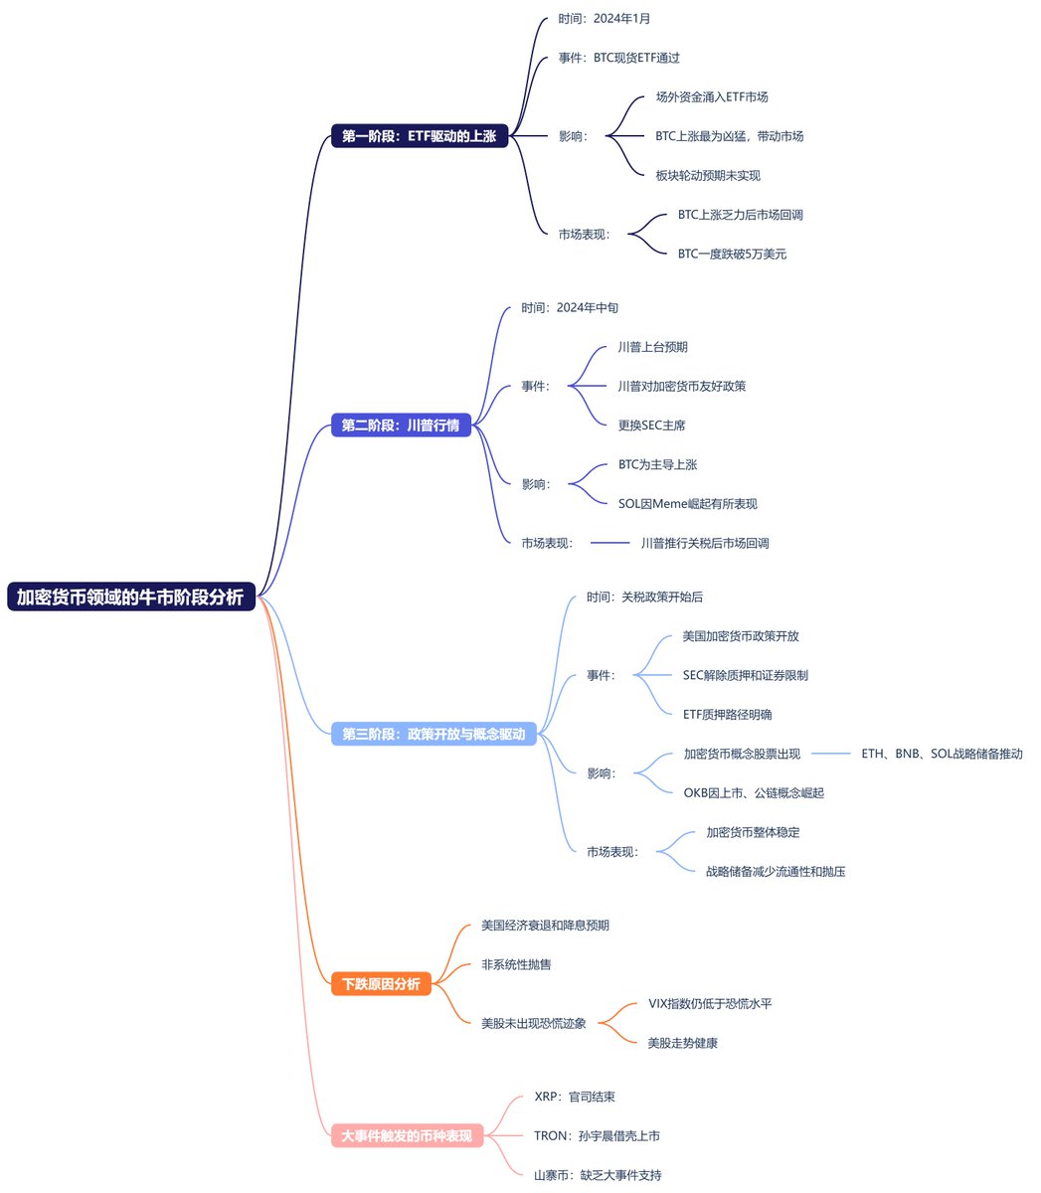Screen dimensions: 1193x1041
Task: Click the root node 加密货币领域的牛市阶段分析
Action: pos(131,596)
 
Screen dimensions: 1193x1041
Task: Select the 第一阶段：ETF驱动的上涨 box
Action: pos(419,136)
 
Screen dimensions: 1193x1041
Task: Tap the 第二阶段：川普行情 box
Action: pos(401,426)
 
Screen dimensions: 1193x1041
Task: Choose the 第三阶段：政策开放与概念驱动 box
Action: pos(434,735)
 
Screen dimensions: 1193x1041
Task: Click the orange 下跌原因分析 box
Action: pos(381,984)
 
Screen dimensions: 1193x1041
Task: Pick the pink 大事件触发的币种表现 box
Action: pos(407,1135)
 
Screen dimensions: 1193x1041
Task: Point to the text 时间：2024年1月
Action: pos(604,19)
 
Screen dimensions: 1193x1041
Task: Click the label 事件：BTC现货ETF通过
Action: pos(618,58)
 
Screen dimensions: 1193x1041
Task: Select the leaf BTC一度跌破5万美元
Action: pos(732,254)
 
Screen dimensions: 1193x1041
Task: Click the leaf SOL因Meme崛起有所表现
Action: pos(687,503)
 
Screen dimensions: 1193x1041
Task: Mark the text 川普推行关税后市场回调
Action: pos(704,543)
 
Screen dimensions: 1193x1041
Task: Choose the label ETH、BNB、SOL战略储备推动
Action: pos(942,754)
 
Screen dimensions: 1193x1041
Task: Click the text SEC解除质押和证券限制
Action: pos(745,675)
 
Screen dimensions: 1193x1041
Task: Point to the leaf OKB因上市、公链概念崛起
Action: pos(753,792)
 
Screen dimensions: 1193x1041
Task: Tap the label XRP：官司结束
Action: pos(574,1097)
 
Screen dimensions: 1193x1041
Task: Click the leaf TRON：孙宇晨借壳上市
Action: pos(597,1135)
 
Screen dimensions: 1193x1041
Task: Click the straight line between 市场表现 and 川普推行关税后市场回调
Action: pos(609,543)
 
